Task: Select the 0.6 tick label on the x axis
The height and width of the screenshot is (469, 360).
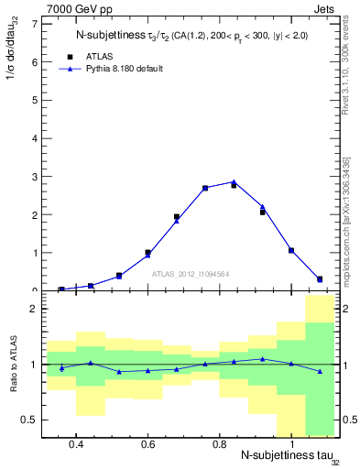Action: click(147, 443)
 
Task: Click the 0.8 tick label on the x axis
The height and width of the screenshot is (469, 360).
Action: click(219, 443)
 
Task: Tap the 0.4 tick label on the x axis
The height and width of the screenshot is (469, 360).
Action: click(76, 443)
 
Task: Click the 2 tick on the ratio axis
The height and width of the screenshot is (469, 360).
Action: click(33, 309)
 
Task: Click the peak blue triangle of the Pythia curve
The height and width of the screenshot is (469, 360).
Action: click(234, 181)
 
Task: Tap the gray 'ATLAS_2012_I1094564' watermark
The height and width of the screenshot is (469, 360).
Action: click(190, 273)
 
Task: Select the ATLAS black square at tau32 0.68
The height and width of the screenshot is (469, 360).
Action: click(177, 217)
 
